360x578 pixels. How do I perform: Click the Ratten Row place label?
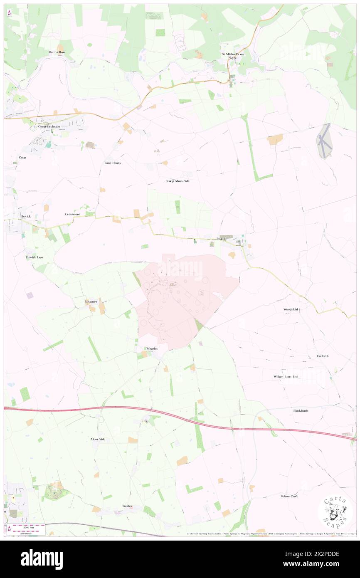(x=57, y=52)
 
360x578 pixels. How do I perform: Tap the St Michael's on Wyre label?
(x=233, y=56)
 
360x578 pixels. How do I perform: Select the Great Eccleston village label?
(x=49, y=126)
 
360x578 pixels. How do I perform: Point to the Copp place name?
(x=22, y=158)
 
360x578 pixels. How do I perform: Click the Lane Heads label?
(x=112, y=163)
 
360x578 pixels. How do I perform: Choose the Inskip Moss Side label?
(x=178, y=181)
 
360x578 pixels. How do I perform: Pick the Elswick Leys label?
(x=34, y=257)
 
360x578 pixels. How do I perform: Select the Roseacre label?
(x=91, y=301)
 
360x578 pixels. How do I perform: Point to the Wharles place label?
(x=152, y=348)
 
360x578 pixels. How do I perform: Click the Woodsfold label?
(x=291, y=310)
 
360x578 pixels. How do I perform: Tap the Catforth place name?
(x=323, y=356)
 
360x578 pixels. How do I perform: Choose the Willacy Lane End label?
(x=286, y=377)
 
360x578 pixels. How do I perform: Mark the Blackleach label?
(x=301, y=410)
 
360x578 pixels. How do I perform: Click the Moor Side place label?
(x=98, y=439)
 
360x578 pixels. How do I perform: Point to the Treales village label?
(x=127, y=506)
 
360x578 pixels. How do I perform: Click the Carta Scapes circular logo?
(x=335, y=511)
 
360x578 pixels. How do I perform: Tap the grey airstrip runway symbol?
(x=324, y=141)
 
